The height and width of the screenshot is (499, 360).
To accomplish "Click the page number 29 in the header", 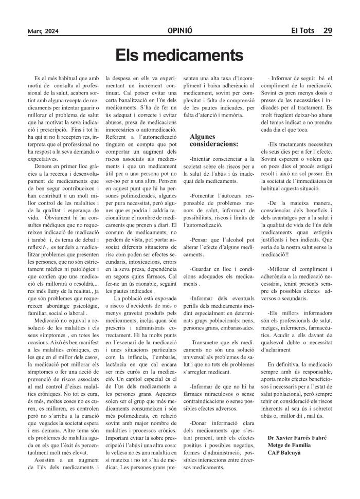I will pyautogui.click(x=327, y=30).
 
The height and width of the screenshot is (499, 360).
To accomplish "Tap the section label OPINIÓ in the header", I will pyautogui.click(x=179, y=30).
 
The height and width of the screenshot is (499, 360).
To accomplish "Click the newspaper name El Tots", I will pyautogui.click(x=302, y=30).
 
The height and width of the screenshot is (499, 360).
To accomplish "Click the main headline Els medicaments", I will pyautogui.click(x=179, y=54).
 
